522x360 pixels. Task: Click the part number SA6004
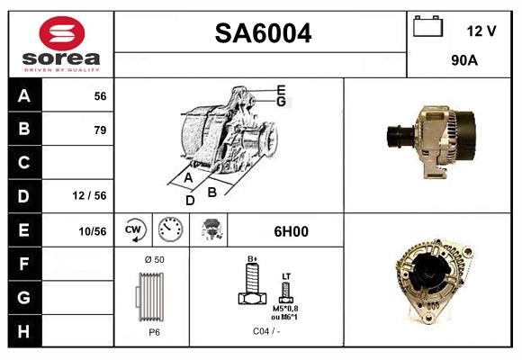(x=263, y=34)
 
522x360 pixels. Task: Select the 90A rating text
(x=463, y=62)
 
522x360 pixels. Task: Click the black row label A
(x=24, y=95)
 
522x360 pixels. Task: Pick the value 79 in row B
(x=99, y=130)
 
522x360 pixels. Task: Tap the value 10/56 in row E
(x=93, y=231)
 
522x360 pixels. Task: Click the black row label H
(x=24, y=332)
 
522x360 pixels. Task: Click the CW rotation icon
(x=134, y=230)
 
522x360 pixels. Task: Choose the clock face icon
(x=169, y=230)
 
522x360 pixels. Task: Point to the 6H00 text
(x=291, y=231)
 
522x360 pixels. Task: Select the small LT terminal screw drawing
(x=286, y=291)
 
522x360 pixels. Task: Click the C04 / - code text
(x=265, y=332)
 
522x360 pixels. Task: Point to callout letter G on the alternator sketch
(x=281, y=102)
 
